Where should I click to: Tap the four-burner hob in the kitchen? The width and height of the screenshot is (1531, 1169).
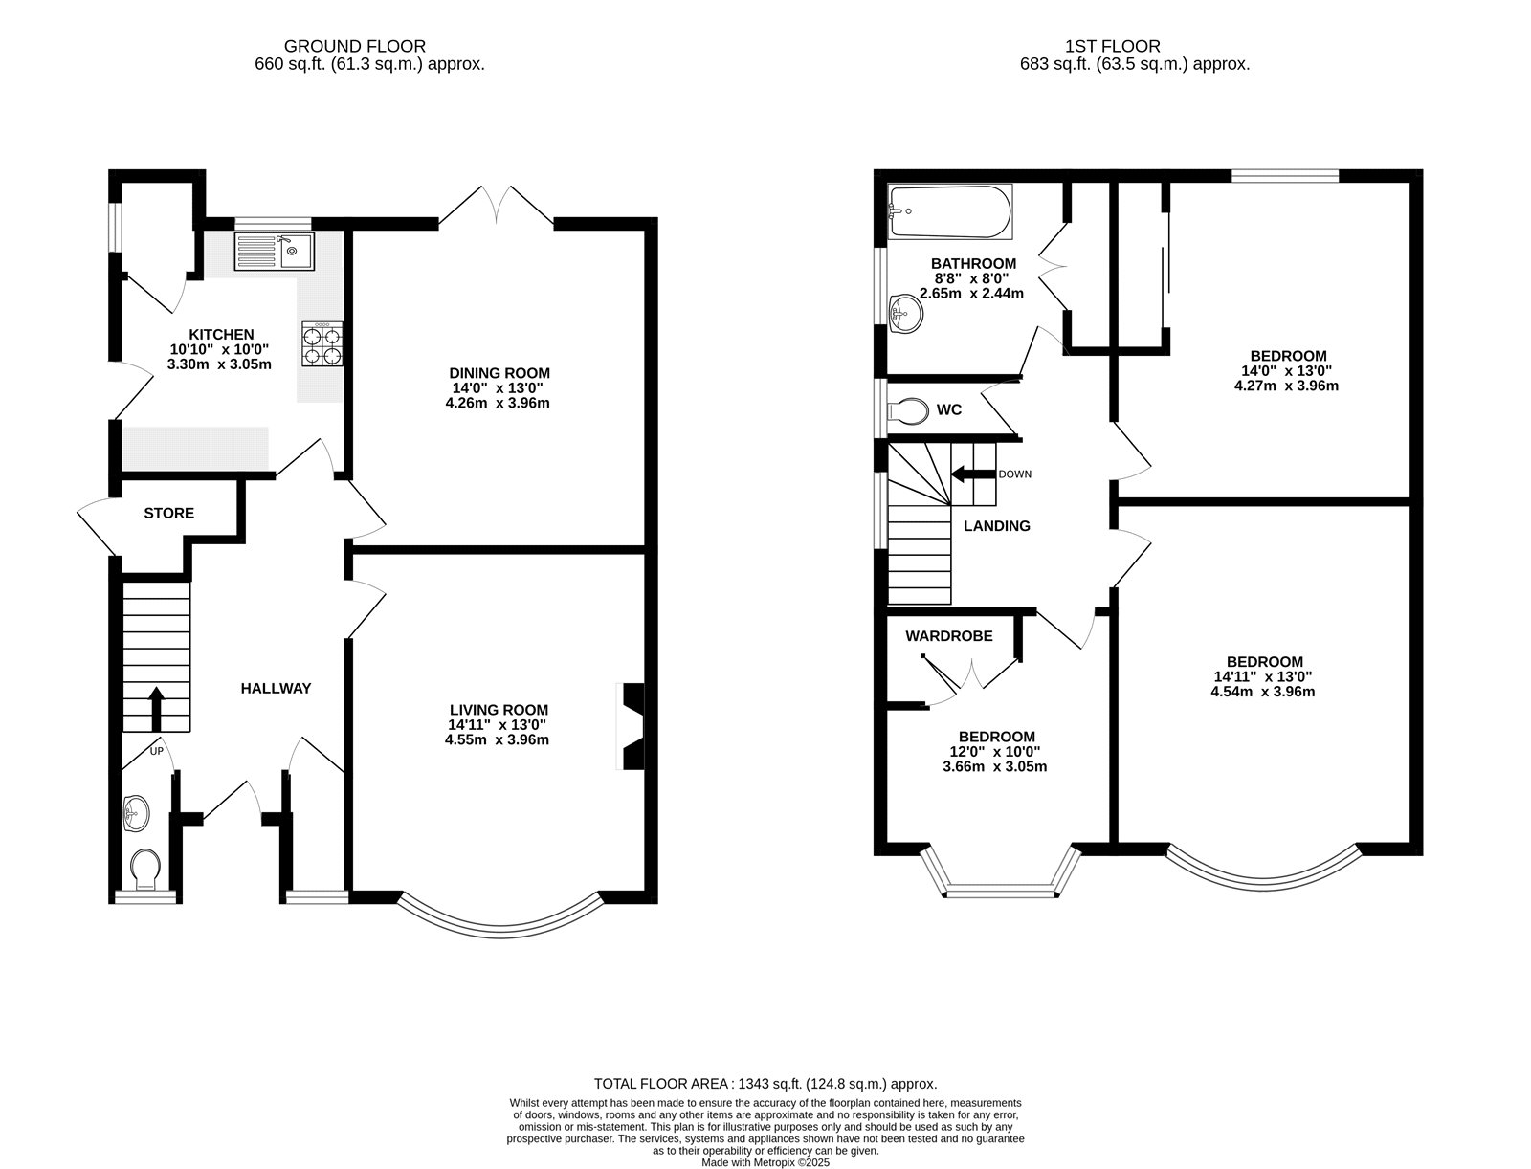point(322,344)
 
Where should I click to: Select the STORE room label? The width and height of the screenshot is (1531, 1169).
point(168,514)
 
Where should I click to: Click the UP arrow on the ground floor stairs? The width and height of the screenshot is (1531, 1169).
point(156,706)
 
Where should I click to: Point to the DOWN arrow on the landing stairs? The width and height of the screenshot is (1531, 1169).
point(971,474)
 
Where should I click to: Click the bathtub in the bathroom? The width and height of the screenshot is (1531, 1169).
point(948,212)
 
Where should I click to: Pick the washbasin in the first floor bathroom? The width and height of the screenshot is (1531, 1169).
point(904,314)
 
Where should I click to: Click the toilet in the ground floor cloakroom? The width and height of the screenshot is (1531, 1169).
point(146,869)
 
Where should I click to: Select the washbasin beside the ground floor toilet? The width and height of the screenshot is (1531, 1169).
point(136,815)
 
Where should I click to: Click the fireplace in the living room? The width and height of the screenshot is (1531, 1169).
point(632,726)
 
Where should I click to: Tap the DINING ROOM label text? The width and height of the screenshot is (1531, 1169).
point(500,373)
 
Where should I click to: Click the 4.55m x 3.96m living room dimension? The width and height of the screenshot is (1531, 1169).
point(497,739)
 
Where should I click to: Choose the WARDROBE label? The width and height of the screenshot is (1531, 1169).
point(949,636)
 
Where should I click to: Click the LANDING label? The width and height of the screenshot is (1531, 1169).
point(996,526)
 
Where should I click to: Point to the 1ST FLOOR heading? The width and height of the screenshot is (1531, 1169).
point(1113,46)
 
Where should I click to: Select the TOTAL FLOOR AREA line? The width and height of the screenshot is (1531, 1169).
point(765,1084)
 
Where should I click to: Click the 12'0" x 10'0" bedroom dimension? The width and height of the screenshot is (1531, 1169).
point(996,752)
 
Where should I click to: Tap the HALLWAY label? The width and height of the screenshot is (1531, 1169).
point(276,688)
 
